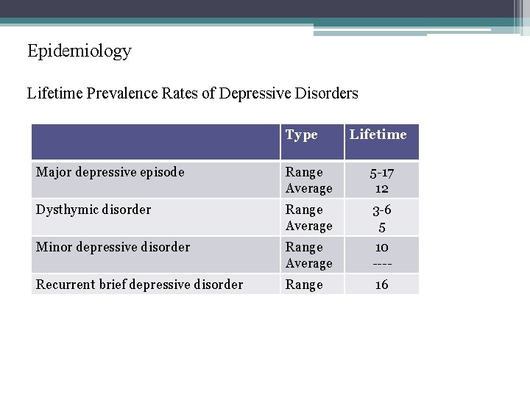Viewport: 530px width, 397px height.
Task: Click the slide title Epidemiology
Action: pyautogui.click(x=79, y=51)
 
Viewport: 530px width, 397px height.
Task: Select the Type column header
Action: pyautogui.click(x=301, y=135)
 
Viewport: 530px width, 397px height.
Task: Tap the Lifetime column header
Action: pyautogui.click(x=378, y=135)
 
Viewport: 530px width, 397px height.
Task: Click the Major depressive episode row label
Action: pyautogui.click(x=110, y=172)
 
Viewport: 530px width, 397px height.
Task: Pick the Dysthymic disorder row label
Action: pyautogui.click(x=93, y=210)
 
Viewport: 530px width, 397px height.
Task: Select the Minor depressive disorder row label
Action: pyautogui.click(x=113, y=247)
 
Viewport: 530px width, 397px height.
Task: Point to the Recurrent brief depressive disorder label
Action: pyautogui.click(x=139, y=285)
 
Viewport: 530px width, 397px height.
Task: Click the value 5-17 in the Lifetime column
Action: pyautogui.click(x=381, y=172)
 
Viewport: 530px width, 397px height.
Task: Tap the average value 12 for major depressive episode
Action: pyautogui.click(x=381, y=188)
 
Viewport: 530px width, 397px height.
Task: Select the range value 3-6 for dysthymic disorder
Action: pyautogui.click(x=381, y=210)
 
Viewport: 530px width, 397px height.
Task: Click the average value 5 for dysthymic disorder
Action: pyautogui.click(x=381, y=226)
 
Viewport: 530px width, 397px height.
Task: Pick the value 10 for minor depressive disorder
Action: pyautogui.click(x=381, y=247)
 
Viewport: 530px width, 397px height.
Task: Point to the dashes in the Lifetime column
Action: pyautogui.click(x=381, y=263)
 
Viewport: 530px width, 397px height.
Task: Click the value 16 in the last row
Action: pyautogui.click(x=381, y=285)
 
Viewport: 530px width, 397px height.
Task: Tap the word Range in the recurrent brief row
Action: pyautogui.click(x=304, y=285)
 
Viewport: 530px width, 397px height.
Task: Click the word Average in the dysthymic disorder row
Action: pyautogui.click(x=309, y=226)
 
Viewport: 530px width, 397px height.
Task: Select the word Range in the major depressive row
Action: pyautogui.click(x=304, y=172)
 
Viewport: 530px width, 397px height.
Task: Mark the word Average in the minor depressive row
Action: pyautogui.click(x=309, y=263)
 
